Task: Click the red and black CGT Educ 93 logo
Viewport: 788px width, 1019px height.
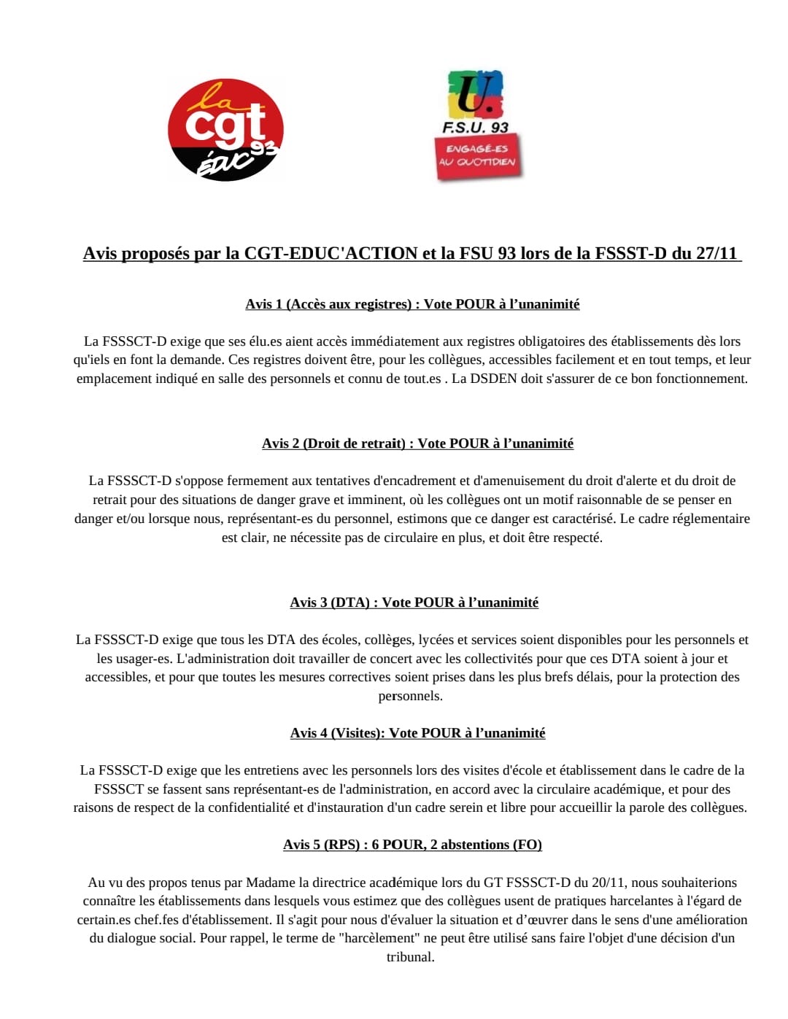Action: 225,130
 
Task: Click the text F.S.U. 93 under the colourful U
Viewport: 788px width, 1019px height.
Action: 475,127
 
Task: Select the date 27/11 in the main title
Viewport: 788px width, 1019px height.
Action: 716,253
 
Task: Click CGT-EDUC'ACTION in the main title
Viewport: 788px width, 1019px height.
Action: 331,253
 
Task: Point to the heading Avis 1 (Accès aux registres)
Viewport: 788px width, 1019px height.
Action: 328,304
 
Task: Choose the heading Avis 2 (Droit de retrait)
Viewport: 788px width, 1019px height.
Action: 333,443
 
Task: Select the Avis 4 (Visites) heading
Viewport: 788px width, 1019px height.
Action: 336,733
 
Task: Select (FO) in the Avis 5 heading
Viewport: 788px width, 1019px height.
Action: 528,845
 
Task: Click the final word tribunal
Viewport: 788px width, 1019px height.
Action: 410,957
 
